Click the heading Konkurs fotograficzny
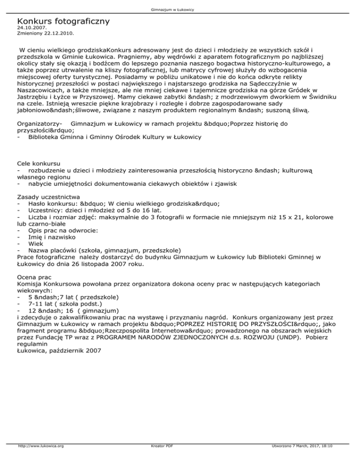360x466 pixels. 63,21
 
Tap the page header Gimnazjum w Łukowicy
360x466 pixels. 180,9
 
